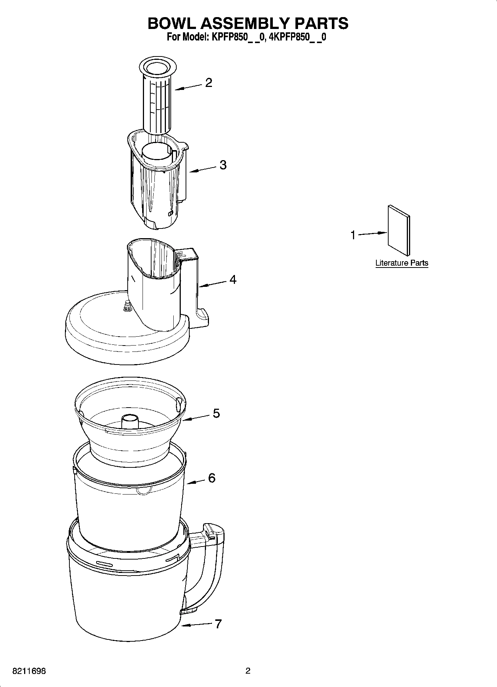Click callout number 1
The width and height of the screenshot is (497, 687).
click(353, 235)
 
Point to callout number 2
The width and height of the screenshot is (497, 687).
click(209, 82)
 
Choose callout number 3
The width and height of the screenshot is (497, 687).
click(223, 165)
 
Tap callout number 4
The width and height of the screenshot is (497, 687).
click(233, 279)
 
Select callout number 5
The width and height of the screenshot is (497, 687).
click(216, 413)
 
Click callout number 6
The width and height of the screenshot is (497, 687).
click(212, 478)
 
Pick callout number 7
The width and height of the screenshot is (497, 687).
click(218, 623)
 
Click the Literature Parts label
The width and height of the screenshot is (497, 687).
click(402, 263)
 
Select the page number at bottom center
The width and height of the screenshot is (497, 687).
click(248, 671)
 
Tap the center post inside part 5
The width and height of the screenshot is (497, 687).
click(130, 421)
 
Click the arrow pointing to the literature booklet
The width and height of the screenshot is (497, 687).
click(372, 233)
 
